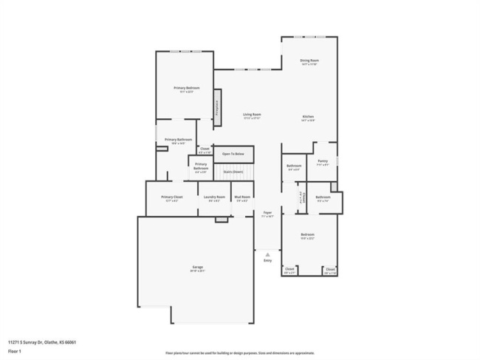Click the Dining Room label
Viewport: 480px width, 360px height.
click(x=309, y=61)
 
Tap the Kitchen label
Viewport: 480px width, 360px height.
click(x=308, y=117)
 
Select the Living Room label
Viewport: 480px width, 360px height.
click(x=253, y=115)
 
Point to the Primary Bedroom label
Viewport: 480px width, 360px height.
click(x=187, y=88)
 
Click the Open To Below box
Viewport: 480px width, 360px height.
click(x=233, y=154)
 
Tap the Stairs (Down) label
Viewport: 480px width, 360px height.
click(x=233, y=171)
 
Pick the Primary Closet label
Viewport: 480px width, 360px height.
click(x=171, y=197)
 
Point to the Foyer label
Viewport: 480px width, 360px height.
click(x=267, y=213)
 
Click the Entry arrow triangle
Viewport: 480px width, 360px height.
click(x=267, y=254)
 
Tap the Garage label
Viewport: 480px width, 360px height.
click(x=198, y=267)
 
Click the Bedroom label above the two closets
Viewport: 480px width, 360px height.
click(x=307, y=234)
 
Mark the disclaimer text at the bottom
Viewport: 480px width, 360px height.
click(x=239, y=354)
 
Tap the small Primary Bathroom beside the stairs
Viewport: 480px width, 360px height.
click(x=201, y=166)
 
